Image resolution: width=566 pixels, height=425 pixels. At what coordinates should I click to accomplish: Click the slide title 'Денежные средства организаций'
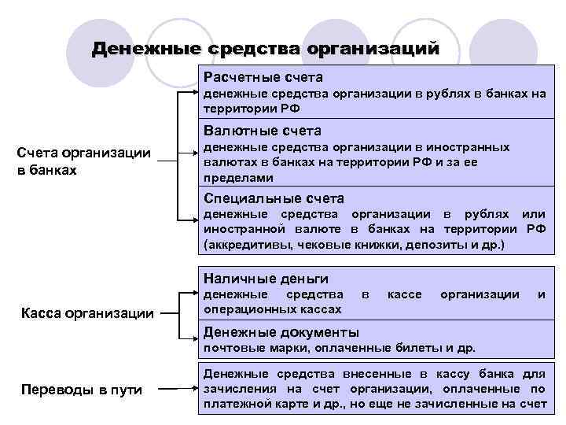tap(265, 49)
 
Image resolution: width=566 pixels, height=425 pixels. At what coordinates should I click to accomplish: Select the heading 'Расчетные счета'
tap(263, 78)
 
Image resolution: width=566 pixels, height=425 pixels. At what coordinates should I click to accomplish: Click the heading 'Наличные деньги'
tap(266, 279)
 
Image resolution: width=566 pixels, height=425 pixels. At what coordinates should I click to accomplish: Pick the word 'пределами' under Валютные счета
tap(230, 178)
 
